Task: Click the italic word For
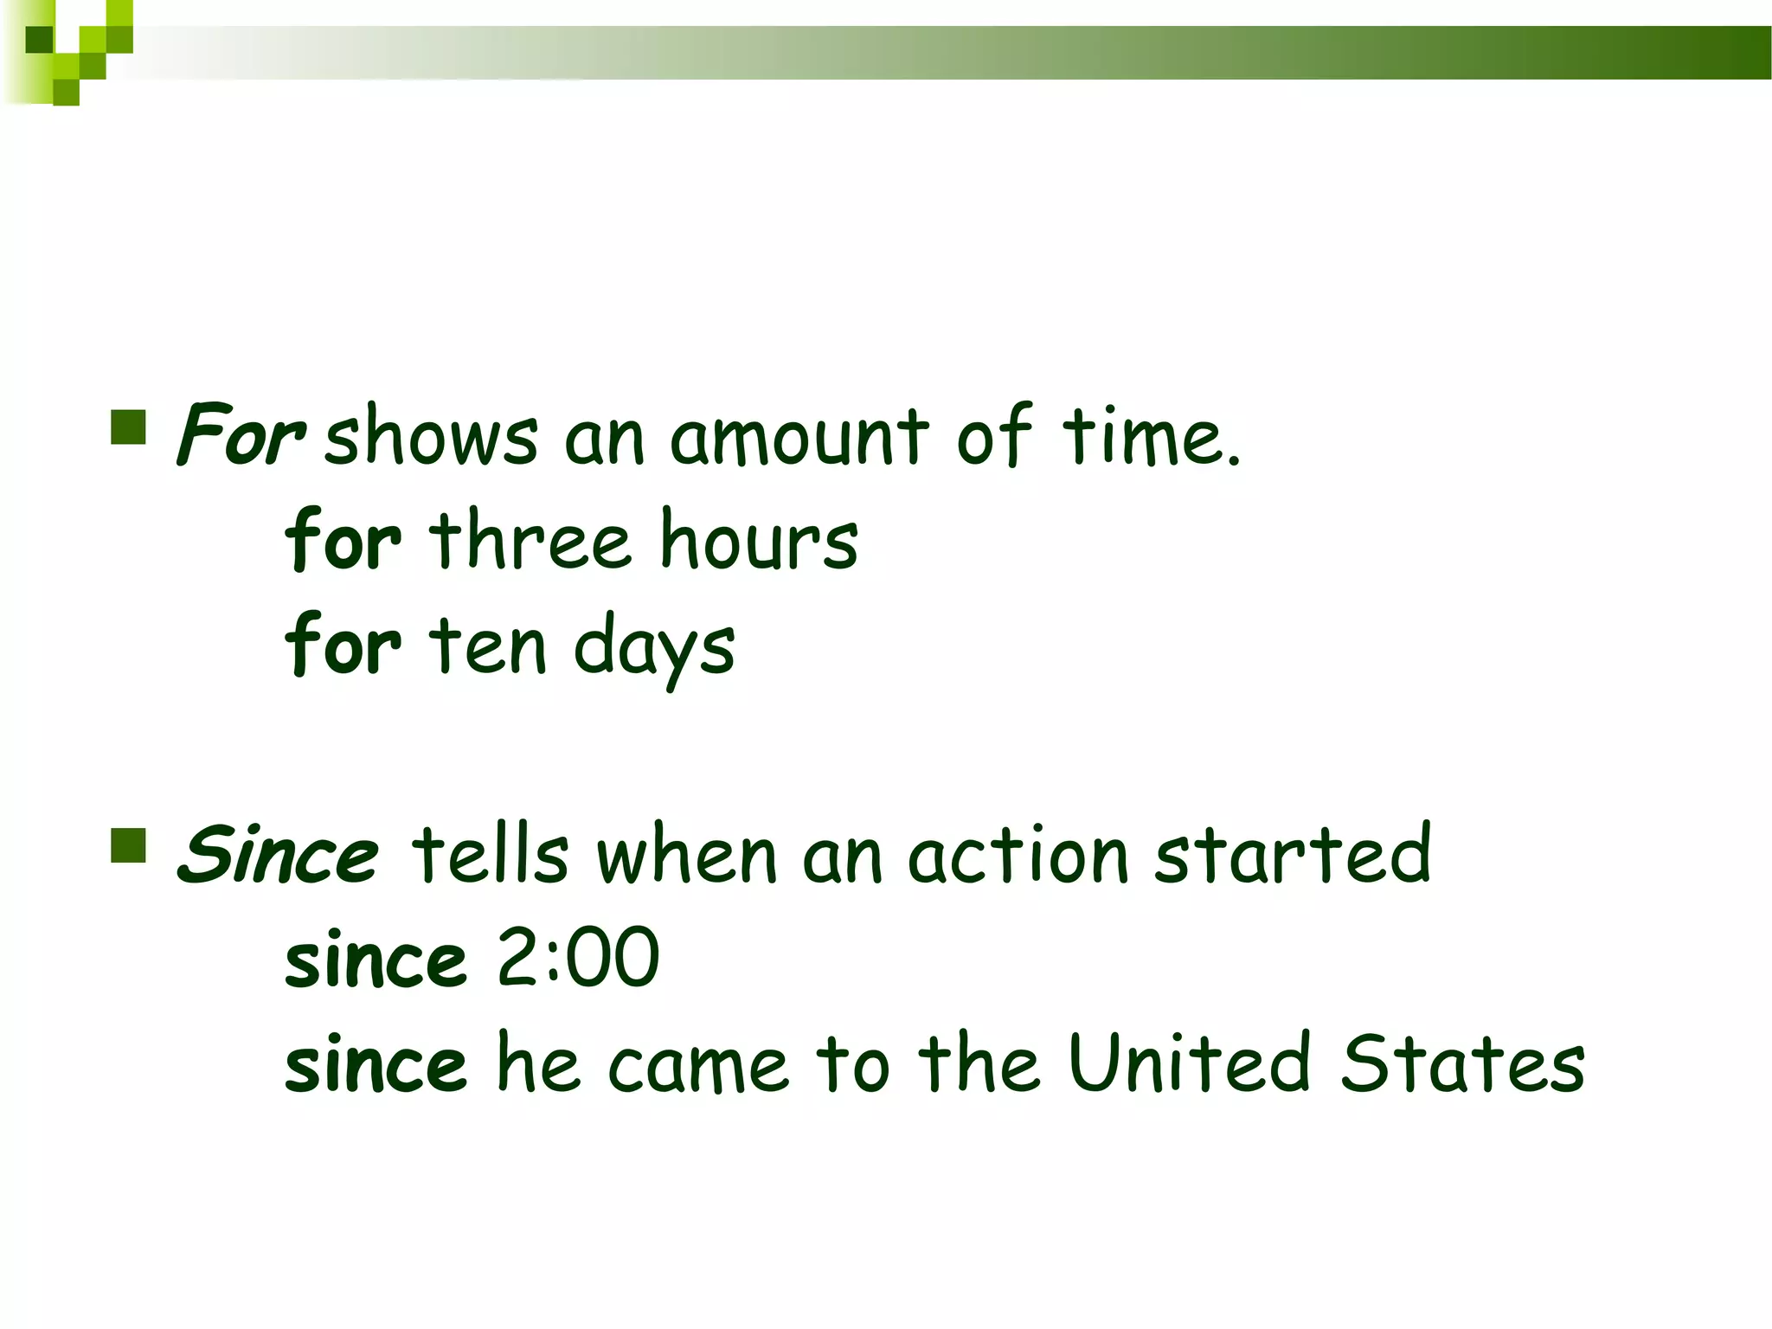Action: point(240,434)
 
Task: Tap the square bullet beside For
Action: point(128,427)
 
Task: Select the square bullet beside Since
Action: point(128,846)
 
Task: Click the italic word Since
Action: point(278,855)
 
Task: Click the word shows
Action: point(431,436)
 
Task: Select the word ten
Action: point(488,645)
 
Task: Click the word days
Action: point(654,649)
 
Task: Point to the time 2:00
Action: point(578,958)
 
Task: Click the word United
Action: point(1190,1063)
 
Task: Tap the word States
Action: point(1462,1063)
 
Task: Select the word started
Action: point(1293,855)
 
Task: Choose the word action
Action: point(1018,855)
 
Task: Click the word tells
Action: point(490,855)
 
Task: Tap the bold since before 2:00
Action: point(376,960)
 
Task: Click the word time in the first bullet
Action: point(1151,436)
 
